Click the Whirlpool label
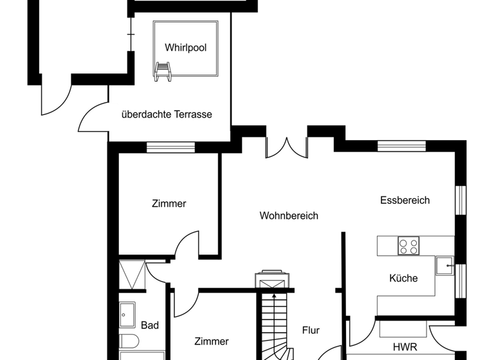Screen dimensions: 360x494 coord(185,48)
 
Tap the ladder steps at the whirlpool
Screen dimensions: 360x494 coord(163,71)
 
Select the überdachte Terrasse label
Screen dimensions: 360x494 coord(167,114)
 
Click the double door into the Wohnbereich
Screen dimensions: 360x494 coord(286,147)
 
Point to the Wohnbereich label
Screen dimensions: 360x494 coord(289,216)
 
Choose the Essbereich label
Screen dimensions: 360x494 coord(405,200)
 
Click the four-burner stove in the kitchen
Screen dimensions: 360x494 coord(408,246)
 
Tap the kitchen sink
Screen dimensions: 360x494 coord(444,265)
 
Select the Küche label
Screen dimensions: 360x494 coord(403,278)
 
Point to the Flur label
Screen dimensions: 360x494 coord(311,330)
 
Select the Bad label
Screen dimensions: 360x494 coord(150,325)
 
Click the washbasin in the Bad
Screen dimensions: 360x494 coord(127,314)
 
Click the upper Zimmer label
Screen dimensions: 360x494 coord(169,203)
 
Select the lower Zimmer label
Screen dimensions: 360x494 coord(212,341)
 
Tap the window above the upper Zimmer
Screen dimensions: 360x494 coord(170,147)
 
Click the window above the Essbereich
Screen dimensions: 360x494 coord(401,146)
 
